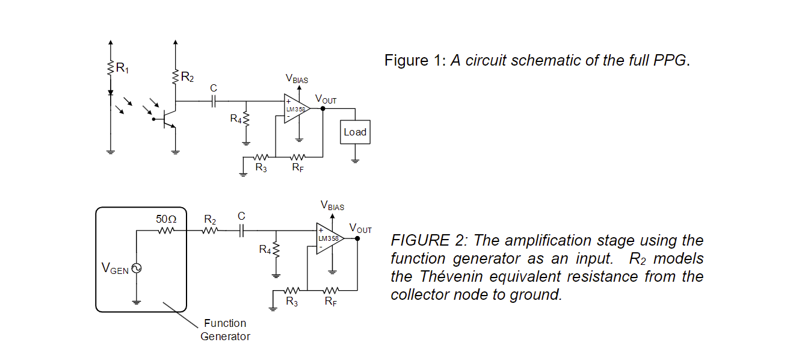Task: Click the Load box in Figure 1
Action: [355, 132]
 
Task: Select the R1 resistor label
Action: [122, 68]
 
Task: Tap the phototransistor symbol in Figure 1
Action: [168, 119]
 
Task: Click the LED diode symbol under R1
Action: [110, 93]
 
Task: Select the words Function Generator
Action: [225, 330]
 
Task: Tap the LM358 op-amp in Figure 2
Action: [329, 238]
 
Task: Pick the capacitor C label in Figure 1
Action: [213, 88]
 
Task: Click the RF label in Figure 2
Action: [330, 302]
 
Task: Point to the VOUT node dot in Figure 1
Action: [323, 109]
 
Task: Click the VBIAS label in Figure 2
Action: [332, 206]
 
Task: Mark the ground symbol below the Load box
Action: [355, 160]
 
